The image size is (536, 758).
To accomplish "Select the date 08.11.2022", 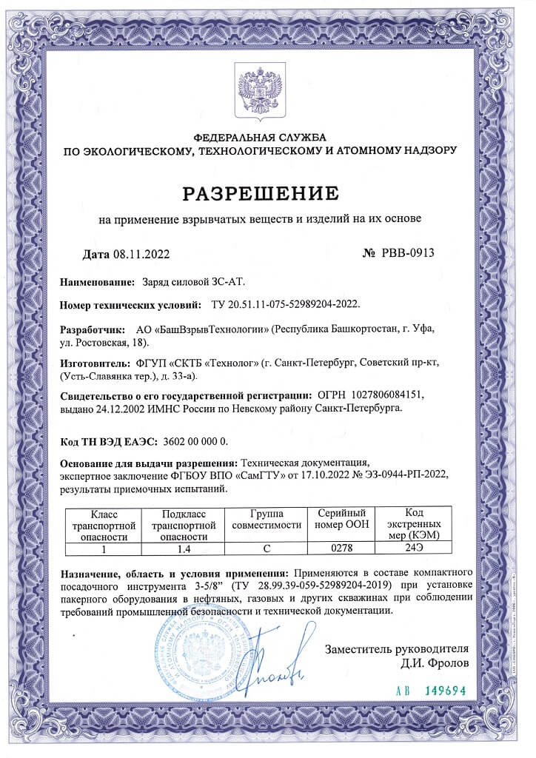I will (x=141, y=255).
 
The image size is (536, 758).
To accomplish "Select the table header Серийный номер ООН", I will (x=342, y=518).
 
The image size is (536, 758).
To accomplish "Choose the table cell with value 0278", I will (x=341, y=549).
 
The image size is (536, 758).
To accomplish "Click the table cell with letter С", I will (x=267, y=549).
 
